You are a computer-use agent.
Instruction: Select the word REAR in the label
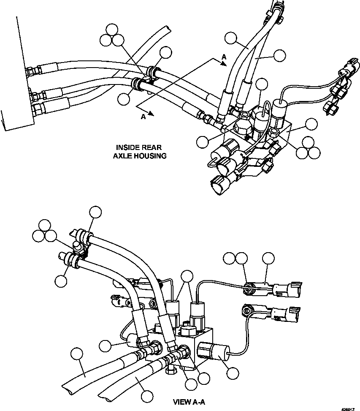click(x=152, y=147)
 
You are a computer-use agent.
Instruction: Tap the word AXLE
click(x=122, y=155)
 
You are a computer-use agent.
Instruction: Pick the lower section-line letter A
click(x=143, y=117)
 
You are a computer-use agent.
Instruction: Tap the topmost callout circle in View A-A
click(x=96, y=212)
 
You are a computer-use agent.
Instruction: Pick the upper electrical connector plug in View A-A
click(x=290, y=289)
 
